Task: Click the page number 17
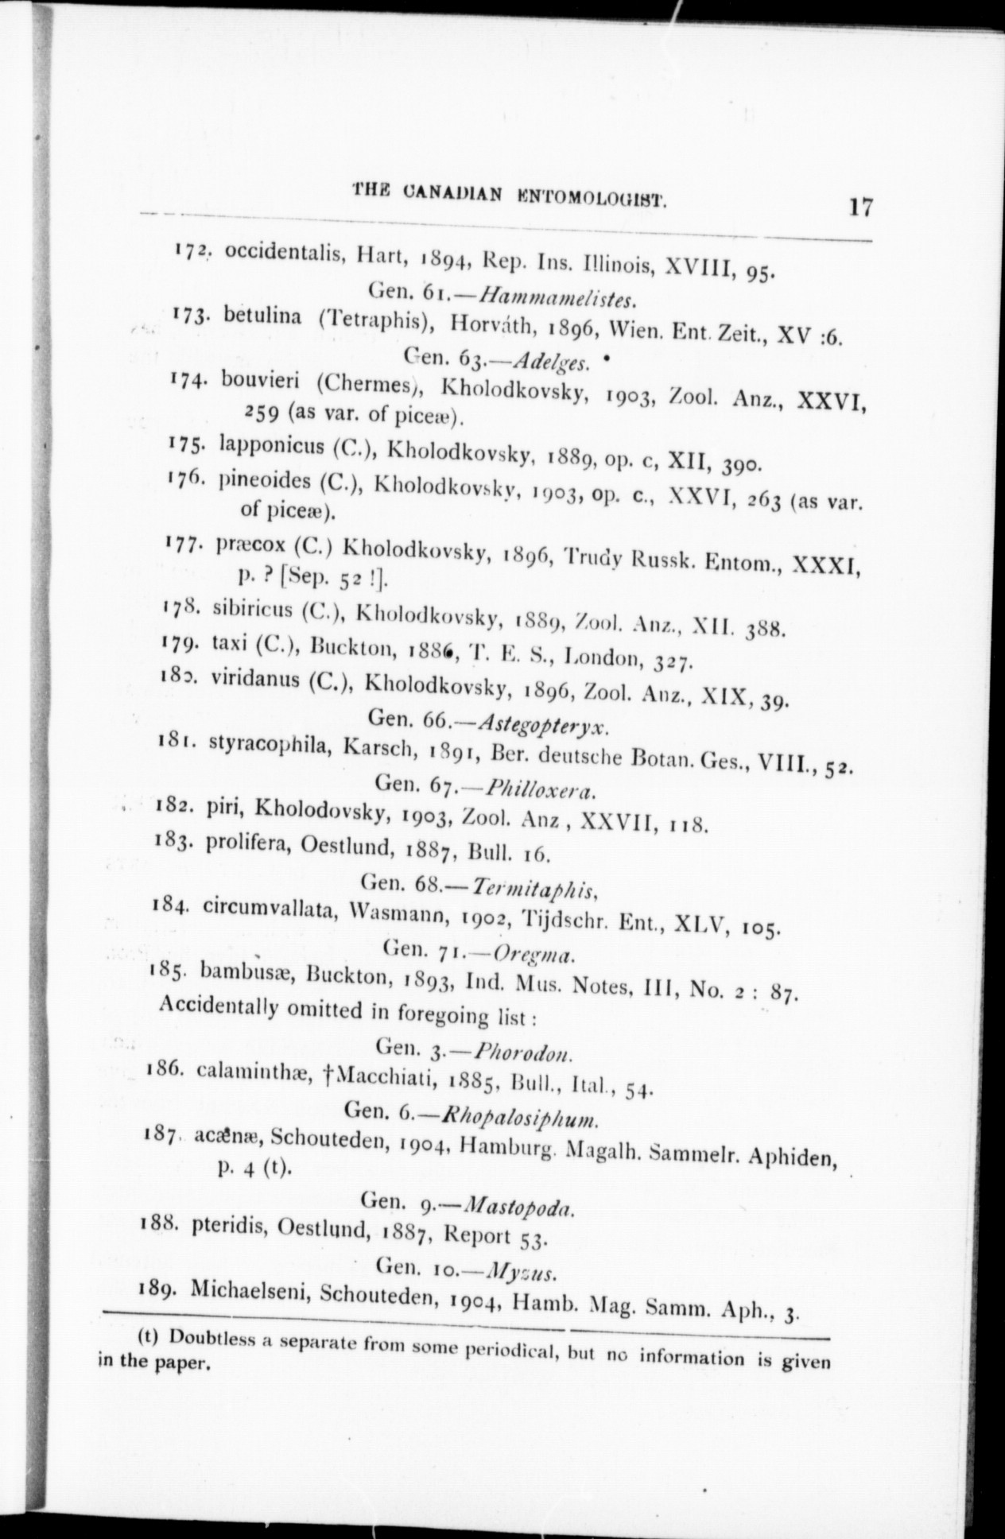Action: click(860, 208)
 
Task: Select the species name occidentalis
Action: click(282, 254)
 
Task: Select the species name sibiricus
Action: click(252, 610)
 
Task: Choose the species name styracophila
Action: click(269, 747)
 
